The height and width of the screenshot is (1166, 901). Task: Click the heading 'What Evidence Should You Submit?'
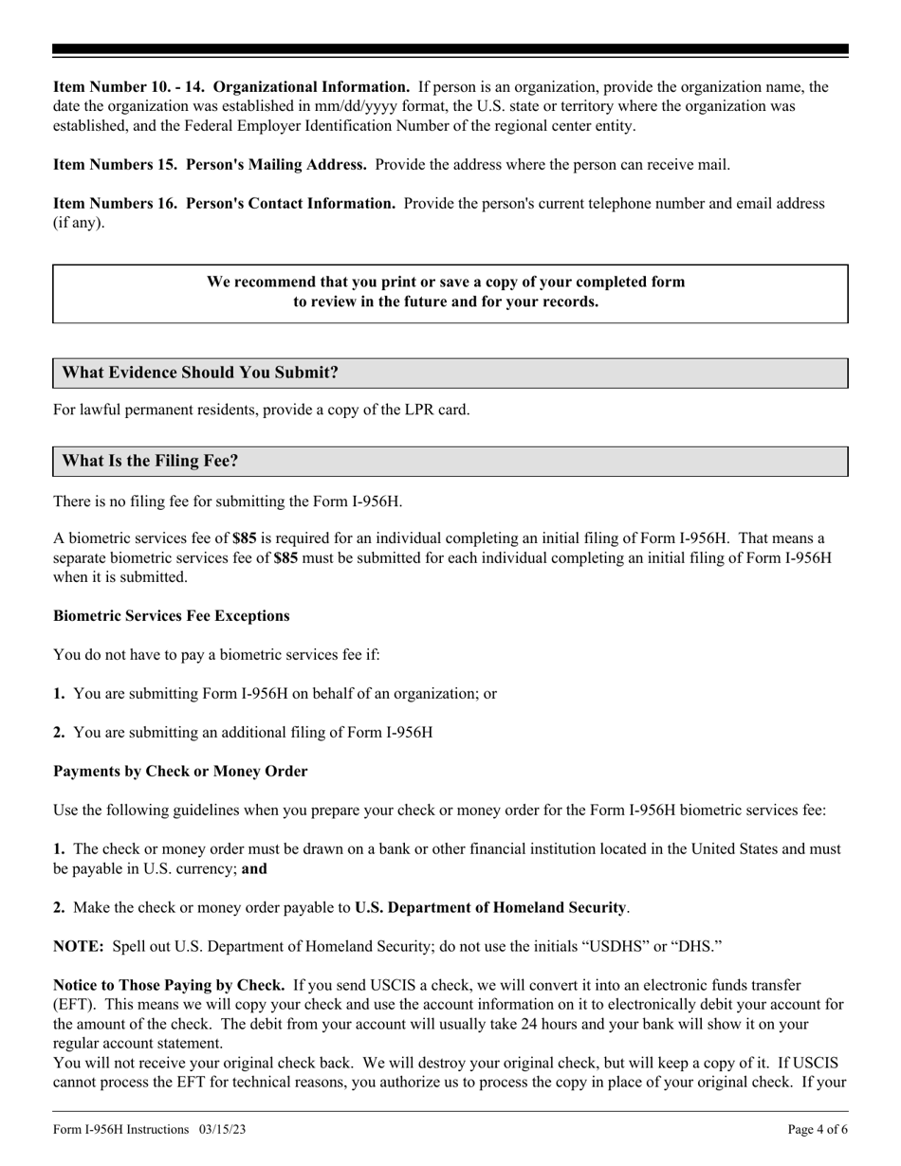tap(200, 373)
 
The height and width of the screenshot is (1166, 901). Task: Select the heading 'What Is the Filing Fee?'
tap(150, 461)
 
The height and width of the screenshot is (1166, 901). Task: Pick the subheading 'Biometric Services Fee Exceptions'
tap(172, 616)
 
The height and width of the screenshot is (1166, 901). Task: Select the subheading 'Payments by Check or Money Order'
tap(180, 772)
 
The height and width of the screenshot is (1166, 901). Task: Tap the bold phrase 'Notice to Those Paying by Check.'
tap(169, 986)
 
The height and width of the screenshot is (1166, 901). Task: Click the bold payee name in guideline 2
tap(490, 908)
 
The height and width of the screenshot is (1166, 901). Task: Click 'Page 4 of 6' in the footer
tap(818, 1129)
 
